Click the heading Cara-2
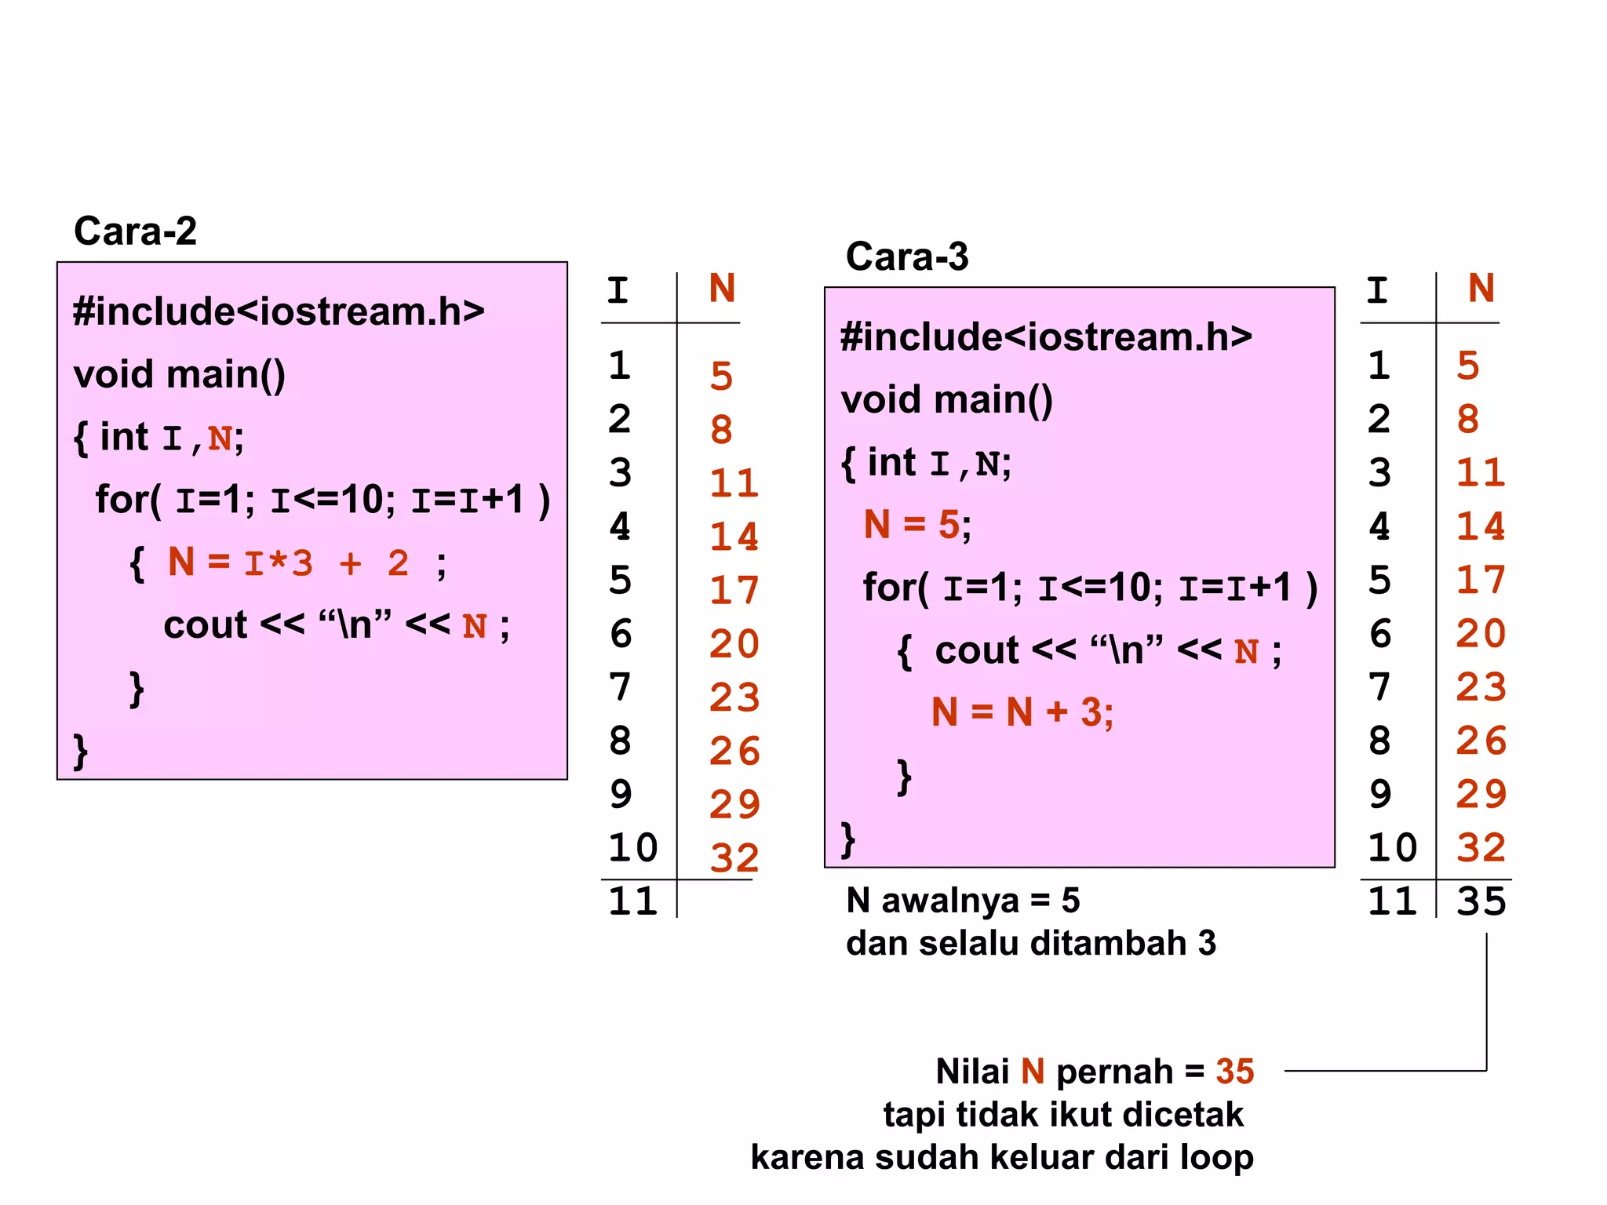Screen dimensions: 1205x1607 tap(135, 231)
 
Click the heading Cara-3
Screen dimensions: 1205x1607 tap(907, 257)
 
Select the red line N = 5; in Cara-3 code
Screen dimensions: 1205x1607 tap(916, 524)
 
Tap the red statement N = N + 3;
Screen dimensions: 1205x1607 tap(1022, 712)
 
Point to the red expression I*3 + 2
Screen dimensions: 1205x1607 tap(326, 563)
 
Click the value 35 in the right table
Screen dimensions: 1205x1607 tap(1481, 901)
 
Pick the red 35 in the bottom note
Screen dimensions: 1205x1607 tap(1235, 1072)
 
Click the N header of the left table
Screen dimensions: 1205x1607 tap(722, 289)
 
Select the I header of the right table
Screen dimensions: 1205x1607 tap(1377, 290)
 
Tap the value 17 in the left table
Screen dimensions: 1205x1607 tap(734, 590)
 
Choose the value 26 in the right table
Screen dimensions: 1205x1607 tap(1481, 741)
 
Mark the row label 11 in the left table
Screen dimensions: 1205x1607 tap(632, 901)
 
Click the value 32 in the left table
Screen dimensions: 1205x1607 tap(734, 857)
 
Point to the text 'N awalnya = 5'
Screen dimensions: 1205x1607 tap(963, 901)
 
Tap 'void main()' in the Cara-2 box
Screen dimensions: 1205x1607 tap(180, 374)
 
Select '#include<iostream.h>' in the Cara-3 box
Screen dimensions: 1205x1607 tap(1046, 337)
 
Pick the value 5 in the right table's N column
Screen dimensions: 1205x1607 tap(1468, 366)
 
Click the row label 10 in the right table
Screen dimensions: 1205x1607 tap(1392, 847)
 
